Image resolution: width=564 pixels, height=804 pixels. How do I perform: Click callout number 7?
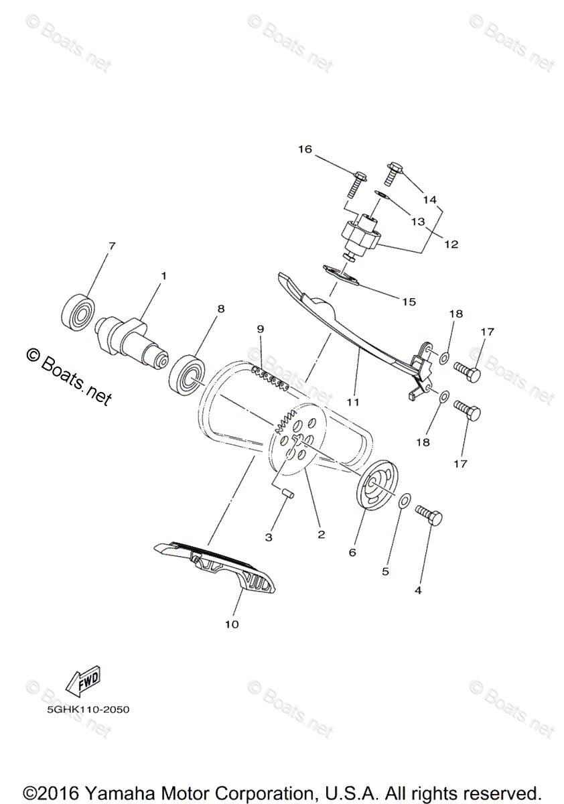coord(111,247)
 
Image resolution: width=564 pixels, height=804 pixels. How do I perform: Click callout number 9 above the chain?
coord(260,329)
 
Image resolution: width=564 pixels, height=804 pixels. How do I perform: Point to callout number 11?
coord(353,402)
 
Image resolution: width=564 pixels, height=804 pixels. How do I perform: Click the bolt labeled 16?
coord(354,182)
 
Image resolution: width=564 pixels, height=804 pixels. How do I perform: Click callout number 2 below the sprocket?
coord(322,534)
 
